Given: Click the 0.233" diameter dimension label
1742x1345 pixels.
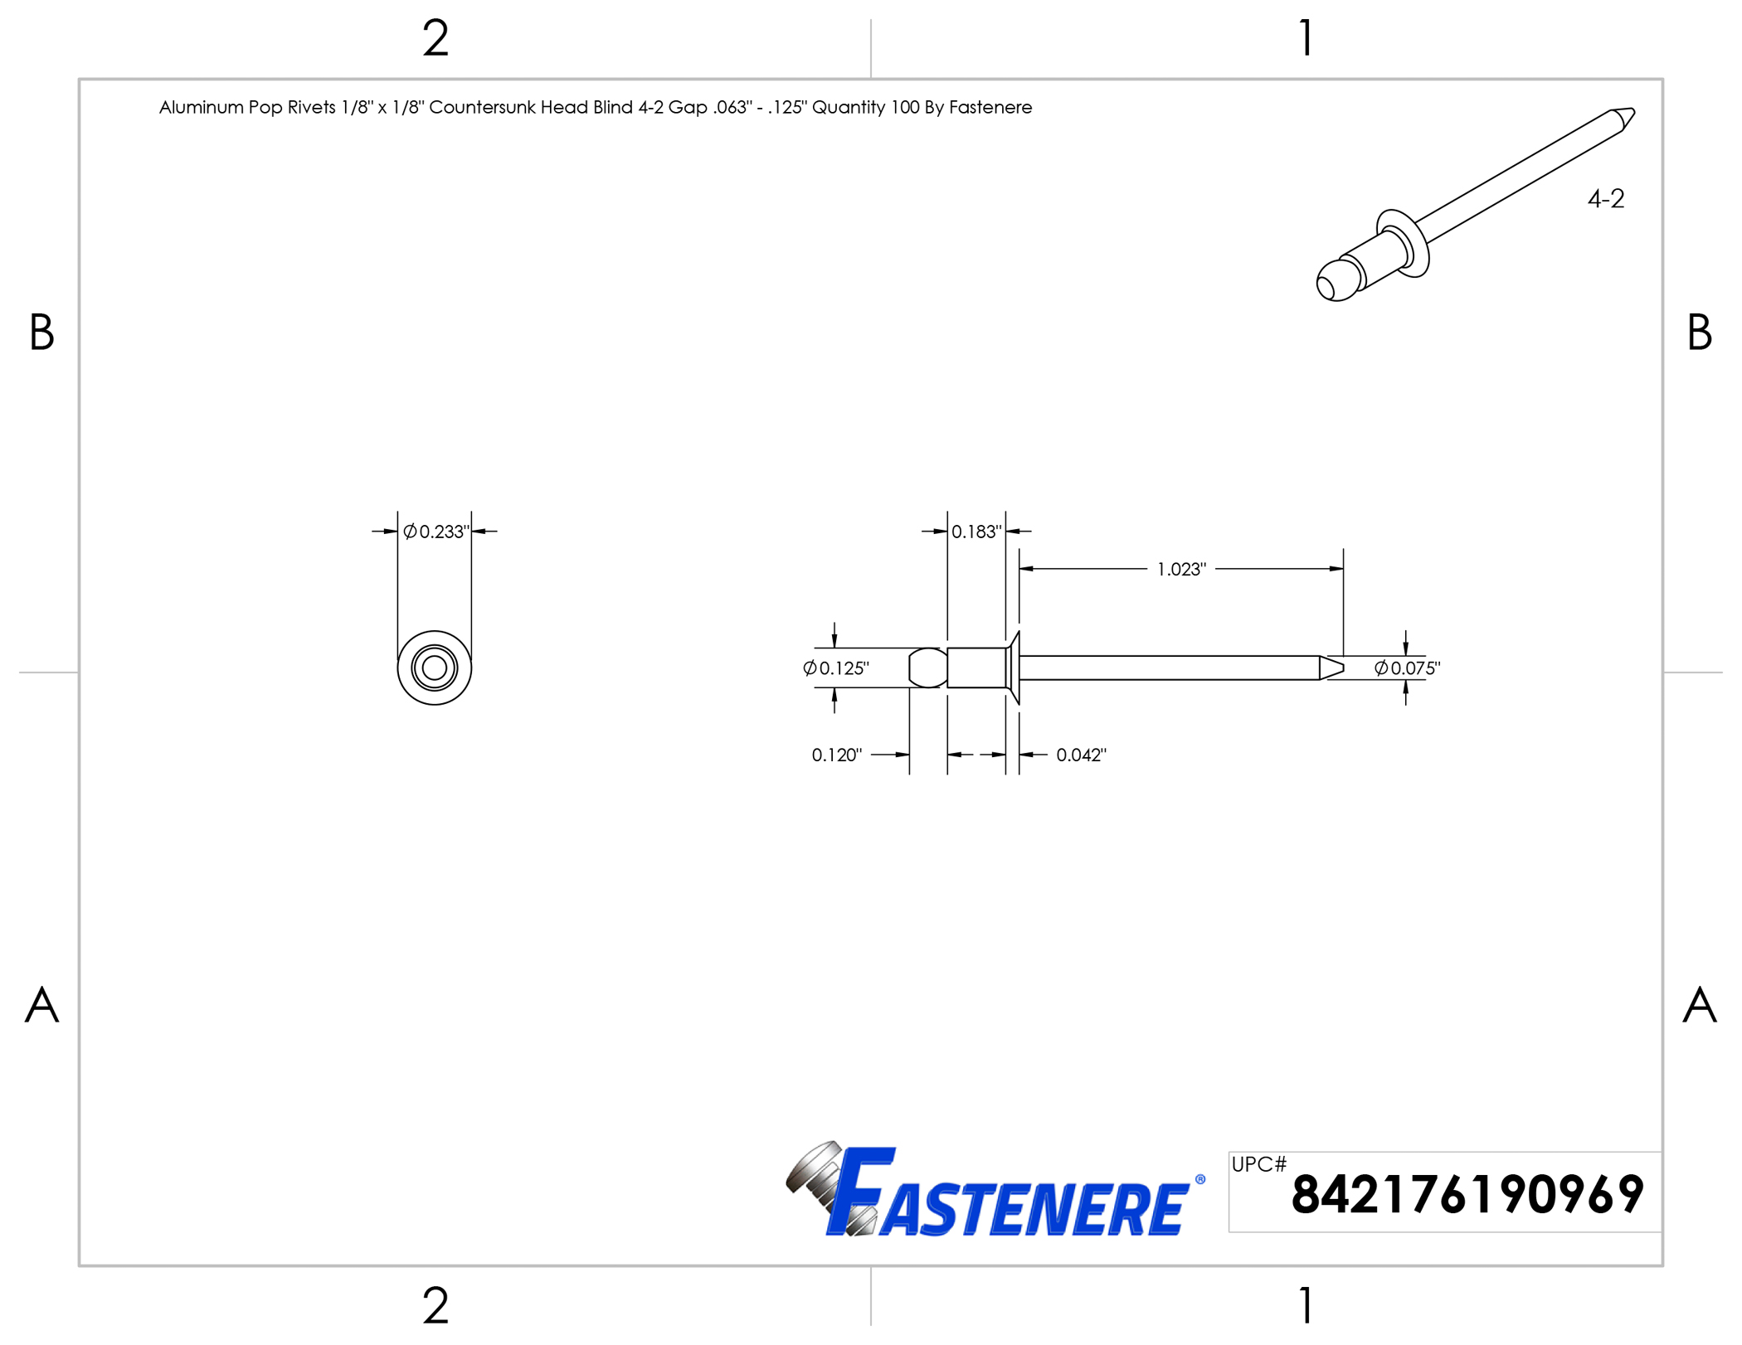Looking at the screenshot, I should pos(436,532).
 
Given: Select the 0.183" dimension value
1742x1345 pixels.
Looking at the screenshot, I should pos(976,532).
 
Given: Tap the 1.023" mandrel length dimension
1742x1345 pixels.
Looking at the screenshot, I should pos(1181,570).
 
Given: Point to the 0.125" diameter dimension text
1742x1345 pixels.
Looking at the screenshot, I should pos(836,668).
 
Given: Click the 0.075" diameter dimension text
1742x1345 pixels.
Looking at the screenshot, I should pos(1408,668).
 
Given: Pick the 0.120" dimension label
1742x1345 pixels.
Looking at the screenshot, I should pos(836,755).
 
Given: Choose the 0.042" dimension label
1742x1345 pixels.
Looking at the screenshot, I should pos(1081,755).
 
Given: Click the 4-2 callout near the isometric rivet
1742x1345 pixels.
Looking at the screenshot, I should pos(1606,199).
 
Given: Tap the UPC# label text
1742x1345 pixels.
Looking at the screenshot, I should pos(1258,1164).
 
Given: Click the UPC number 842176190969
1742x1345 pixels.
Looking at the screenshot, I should pos(1467,1195).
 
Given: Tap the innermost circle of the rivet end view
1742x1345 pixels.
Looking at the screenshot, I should pos(435,668).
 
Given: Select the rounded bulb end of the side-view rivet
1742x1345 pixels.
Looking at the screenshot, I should pos(927,668).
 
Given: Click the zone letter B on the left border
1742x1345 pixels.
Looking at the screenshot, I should pos(41,333).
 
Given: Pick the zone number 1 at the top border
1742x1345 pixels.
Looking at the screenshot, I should pos(1306,39).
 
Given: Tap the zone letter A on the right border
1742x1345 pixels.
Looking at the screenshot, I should pos(1699,1005).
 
